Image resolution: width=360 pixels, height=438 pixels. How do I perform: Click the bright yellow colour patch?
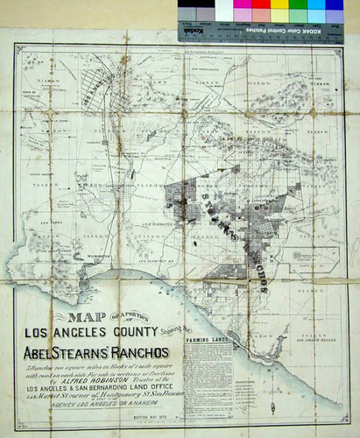click(280, 15)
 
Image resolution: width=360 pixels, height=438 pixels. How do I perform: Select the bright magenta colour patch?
click(262, 15)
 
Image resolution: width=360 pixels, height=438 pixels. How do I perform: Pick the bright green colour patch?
click(299, 15)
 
